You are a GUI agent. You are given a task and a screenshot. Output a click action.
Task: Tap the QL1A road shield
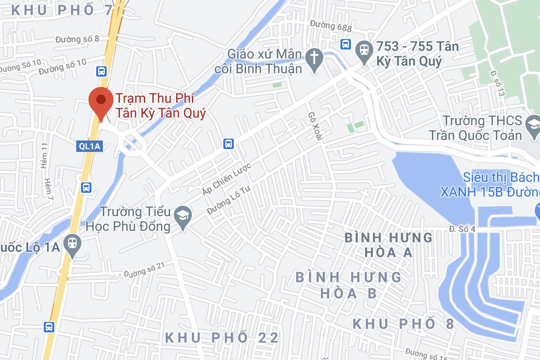coord(90,147)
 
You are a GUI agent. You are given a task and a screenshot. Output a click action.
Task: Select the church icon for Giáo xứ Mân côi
coord(314,59)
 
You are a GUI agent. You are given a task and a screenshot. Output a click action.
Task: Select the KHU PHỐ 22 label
coord(222,338)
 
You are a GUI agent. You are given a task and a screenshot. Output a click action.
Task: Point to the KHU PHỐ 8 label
coord(403,324)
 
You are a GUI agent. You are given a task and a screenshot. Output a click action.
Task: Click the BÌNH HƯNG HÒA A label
coord(389,244)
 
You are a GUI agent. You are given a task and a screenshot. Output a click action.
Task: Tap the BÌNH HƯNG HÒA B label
coord(349,285)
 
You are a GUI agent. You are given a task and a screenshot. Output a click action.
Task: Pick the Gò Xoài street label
coord(315,126)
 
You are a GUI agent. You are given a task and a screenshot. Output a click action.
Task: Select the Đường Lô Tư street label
coord(228,200)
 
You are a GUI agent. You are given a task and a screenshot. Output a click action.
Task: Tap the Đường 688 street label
coord(330,27)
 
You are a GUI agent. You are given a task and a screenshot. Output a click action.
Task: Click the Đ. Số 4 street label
coord(462,229)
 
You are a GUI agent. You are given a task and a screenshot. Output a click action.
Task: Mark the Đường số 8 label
coord(77,39)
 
